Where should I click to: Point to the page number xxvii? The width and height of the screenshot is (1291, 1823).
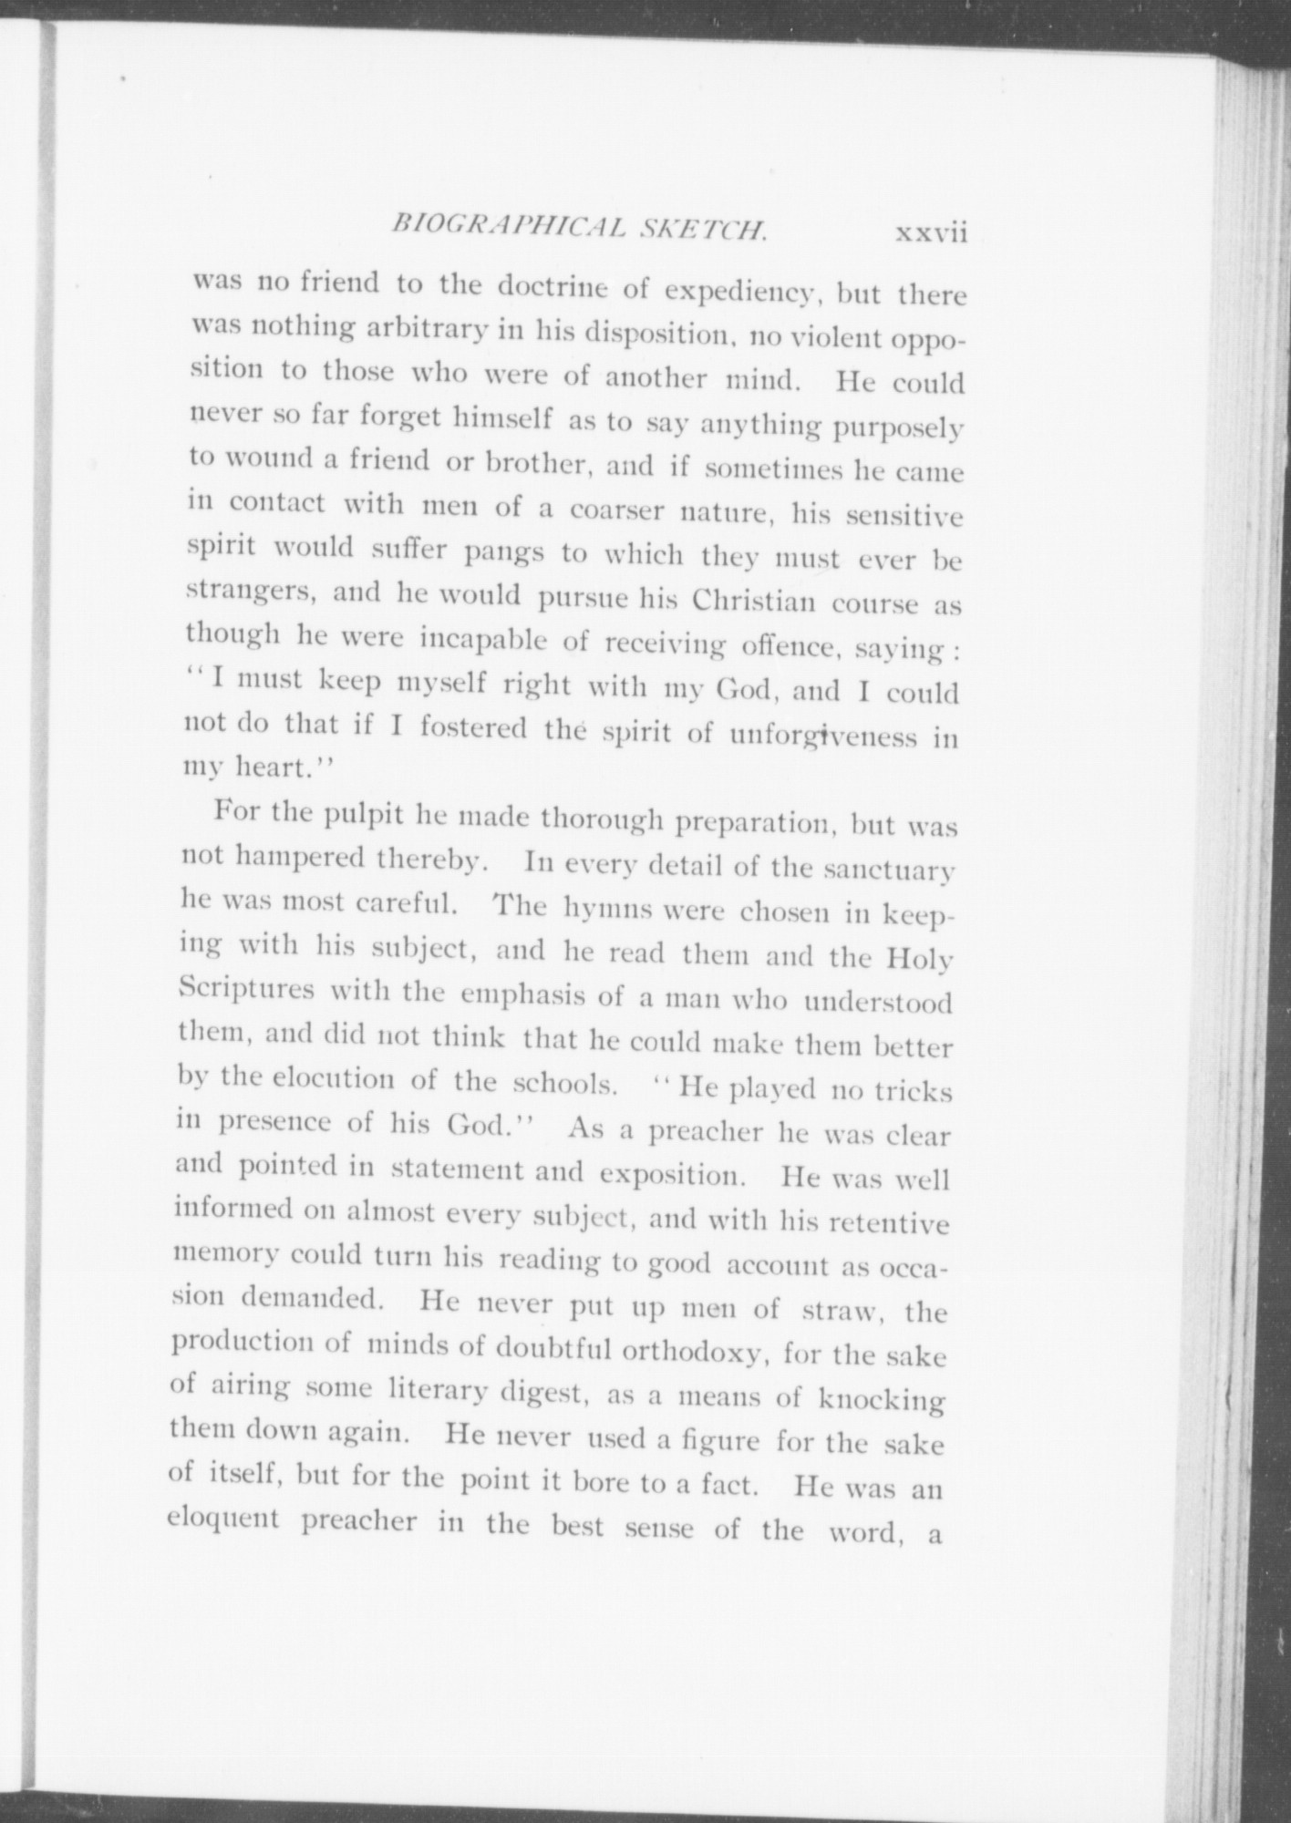click(930, 233)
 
